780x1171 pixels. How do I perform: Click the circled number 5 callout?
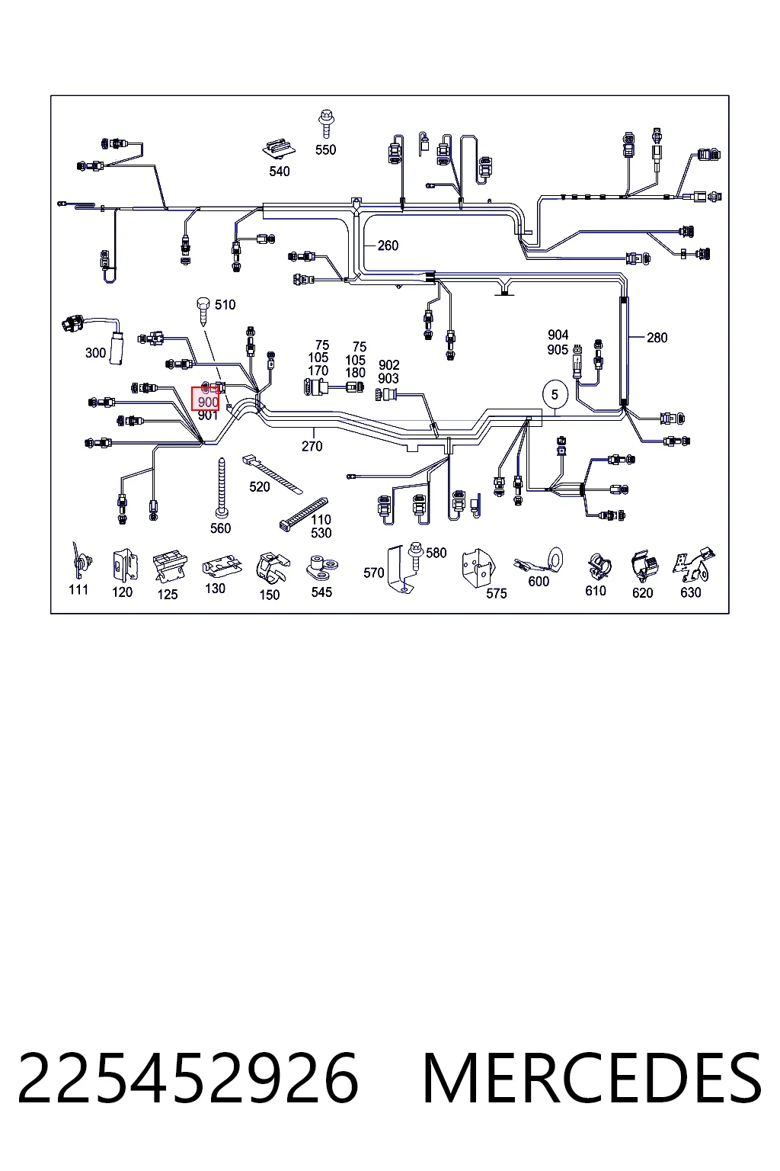[x=555, y=395]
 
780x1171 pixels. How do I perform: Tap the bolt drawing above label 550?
[x=327, y=124]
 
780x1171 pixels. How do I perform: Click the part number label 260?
[x=388, y=245]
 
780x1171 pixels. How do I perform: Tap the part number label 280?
[x=657, y=338]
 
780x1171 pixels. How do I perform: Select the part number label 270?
[x=312, y=447]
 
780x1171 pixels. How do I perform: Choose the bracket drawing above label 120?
[x=124, y=565]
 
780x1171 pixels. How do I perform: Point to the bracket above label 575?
[x=478, y=568]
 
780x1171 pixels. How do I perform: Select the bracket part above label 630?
[x=694, y=566]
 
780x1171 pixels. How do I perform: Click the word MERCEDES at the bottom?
[x=592, y=1079]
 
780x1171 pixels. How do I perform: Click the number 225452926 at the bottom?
[x=188, y=1079]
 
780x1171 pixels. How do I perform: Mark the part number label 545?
[x=321, y=592]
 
